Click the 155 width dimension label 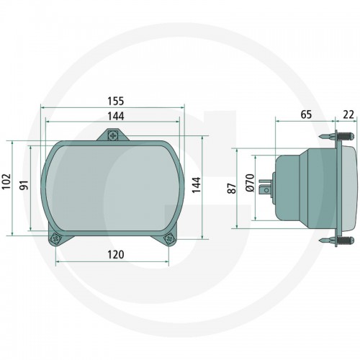pyautogui.click(x=116, y=101)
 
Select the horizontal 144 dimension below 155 pyautogui.click(x=116, y=116)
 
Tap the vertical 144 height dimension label pyautogui.click(x=197, y=185)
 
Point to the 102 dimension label pyautogui.click(x=6, y=181)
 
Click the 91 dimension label pyautogui.click(x=24, y=185)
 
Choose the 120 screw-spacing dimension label pyautogui.click(x=116, y=255)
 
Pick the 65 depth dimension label pyautogui.click(x=306, y=114)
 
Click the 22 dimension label pyautogui.click(x=348, y=114)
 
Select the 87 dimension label pyautogui.click(x=232, y=189)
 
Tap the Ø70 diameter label pyautogui.click(x=250, y=183)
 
